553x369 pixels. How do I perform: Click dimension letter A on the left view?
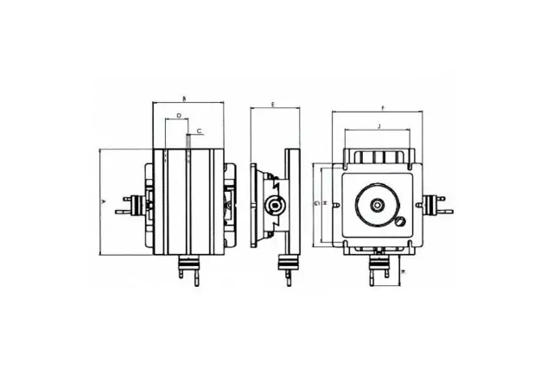click(104, 200)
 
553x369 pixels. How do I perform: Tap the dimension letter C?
click(200, 130)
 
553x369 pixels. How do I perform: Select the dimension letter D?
click(178, 114)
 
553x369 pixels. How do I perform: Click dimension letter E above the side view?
click(272, 104)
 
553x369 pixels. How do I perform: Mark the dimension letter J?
click(378, 126)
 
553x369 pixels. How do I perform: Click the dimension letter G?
click(316, 203)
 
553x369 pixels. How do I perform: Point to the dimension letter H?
click(324, 203)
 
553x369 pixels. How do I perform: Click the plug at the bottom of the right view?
click(378, 269)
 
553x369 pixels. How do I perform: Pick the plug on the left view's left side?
click(132, 204)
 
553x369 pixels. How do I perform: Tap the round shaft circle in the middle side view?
click(275, 205)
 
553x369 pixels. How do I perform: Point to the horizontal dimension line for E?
click(276, 109)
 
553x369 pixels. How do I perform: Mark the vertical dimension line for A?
click(99, 200)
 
